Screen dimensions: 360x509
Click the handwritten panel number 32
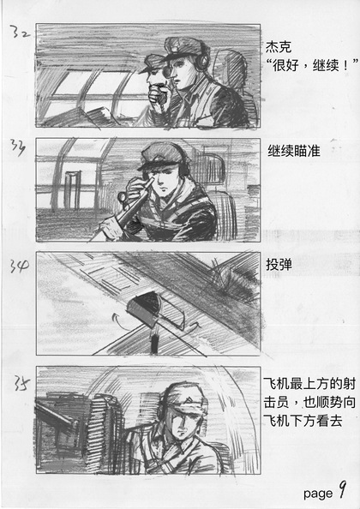click(x=20, y=33)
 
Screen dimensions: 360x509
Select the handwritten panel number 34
click(x=19, y=266)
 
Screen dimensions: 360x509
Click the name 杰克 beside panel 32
click(x=279, y=47)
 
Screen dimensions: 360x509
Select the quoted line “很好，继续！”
click(x=312, y=65)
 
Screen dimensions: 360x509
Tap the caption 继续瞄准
click(x=293, y=152)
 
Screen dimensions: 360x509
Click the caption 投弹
click(x=279, y=265)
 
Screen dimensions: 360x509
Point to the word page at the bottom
click(x=318, y=494)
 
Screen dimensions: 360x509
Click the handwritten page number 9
click(x=342, y=489)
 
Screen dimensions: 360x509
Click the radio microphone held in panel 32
click(x=159, y=95)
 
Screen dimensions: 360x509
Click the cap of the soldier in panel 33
click(x=161, y=155)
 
